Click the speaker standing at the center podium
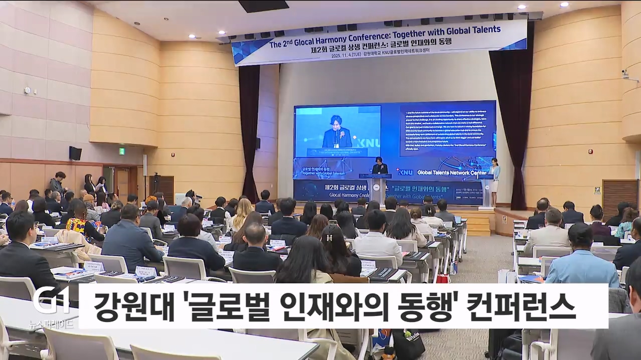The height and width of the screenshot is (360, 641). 380,166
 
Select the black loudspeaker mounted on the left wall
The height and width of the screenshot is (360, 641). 75,153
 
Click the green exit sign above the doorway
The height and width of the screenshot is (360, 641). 122,151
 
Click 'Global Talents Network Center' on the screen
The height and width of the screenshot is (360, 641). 451,172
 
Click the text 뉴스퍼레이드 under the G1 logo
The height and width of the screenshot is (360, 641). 51,323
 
